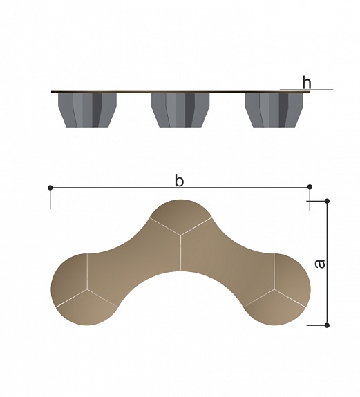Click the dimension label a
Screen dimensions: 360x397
click(320, 264)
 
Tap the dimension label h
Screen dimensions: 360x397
click(307, 82)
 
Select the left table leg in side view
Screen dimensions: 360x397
click(87, 110)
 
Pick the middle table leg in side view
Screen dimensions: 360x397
click(180, 110)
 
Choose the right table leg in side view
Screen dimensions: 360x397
click(274, 110)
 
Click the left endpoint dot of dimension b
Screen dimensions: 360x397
click(50, 188)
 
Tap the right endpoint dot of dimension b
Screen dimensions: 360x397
click(310, 187)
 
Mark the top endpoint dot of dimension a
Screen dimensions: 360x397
click(327, 201)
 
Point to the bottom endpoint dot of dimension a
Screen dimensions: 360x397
click(327, 325)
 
